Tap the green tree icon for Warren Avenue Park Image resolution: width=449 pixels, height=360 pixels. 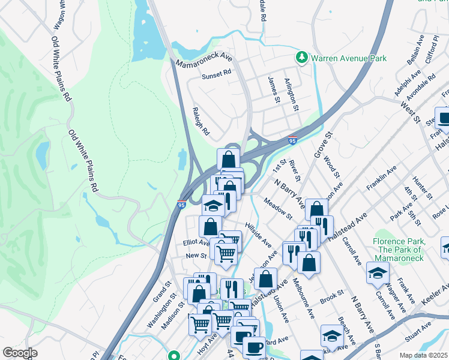pyautogui.click(x=301, y=58)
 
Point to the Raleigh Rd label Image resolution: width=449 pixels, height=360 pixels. pyautogui.click(x=200, y=121)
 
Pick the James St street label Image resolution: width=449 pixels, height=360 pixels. pyautogui.click(x=274, y=89)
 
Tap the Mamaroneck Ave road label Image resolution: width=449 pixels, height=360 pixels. pyautogui.click(x=204, y=59)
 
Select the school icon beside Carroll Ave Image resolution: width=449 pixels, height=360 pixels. pyautogui.click(x=378, y=272)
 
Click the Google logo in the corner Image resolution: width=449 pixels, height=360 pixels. pyautogui.click(x=20, y=352)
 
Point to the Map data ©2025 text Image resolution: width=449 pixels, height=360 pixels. pyautogui.click(x=423, y=355)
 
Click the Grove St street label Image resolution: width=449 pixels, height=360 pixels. pyautogui.click(x=323, y=144)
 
